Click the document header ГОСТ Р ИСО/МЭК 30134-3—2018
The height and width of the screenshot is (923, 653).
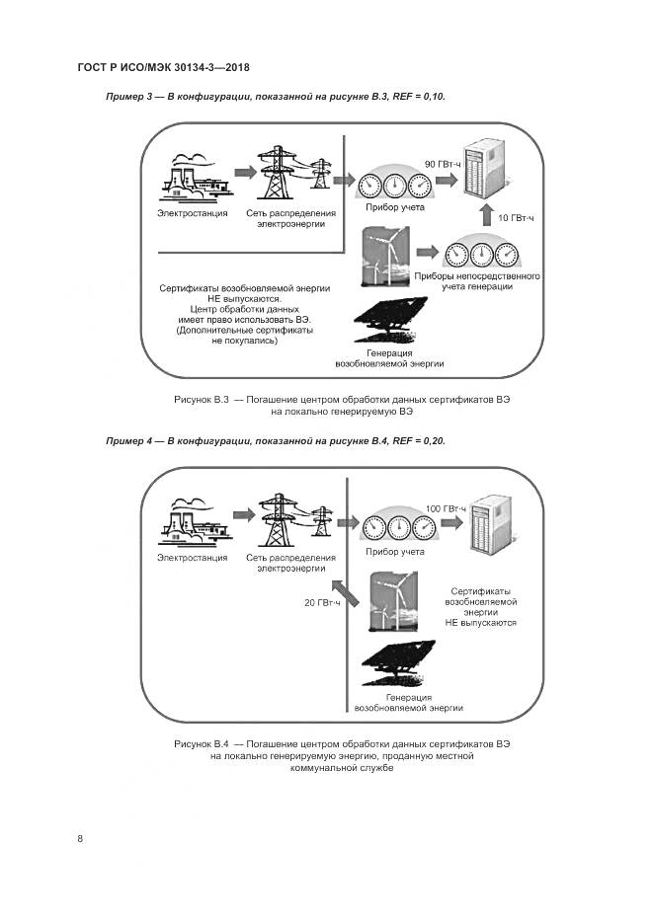162,67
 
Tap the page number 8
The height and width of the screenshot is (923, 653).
80,838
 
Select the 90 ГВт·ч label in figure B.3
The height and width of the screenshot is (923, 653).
443,163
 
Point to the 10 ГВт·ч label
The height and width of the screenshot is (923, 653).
516,217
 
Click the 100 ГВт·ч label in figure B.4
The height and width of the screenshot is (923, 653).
445,508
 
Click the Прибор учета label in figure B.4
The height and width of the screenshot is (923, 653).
395,552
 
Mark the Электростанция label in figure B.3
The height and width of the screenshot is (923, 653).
193,212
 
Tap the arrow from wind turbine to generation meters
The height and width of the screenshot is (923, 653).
427,253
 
